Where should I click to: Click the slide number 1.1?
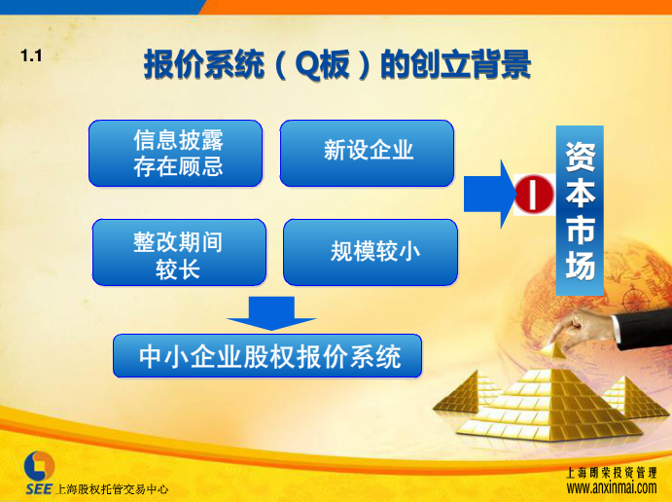[31, 55]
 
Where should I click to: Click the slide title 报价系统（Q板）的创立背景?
[337, 65]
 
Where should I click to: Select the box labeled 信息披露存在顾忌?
[176, 154]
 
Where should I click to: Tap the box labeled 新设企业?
[367, 154]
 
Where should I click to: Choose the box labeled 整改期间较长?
[179, 253]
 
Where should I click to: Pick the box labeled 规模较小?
[371, 253]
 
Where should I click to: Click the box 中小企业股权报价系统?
[267, 356]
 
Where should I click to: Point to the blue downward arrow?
[271, 314]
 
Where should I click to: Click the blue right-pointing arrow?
[490, 195]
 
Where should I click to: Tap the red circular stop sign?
[534, 195]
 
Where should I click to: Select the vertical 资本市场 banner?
[580, 210]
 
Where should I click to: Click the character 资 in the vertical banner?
[581, 157]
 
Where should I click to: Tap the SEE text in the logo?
[39, 489]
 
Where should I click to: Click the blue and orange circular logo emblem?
[39, 466]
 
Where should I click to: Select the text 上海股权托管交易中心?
[112, 489]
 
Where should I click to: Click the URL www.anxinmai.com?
[611, 487]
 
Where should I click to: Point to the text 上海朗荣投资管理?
[612, 473]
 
